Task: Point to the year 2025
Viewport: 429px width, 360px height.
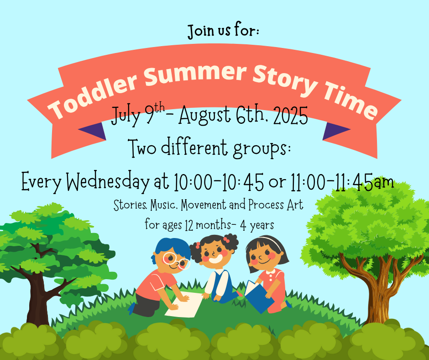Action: coord(291,116)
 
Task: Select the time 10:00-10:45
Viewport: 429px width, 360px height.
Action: coord(219,182)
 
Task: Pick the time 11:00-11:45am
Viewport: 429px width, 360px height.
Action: coord(342,182)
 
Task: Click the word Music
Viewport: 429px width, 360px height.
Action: coord(163,205)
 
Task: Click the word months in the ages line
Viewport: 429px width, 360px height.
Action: coord(213,225)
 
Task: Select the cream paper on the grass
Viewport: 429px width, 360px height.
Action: coord(184,305)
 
